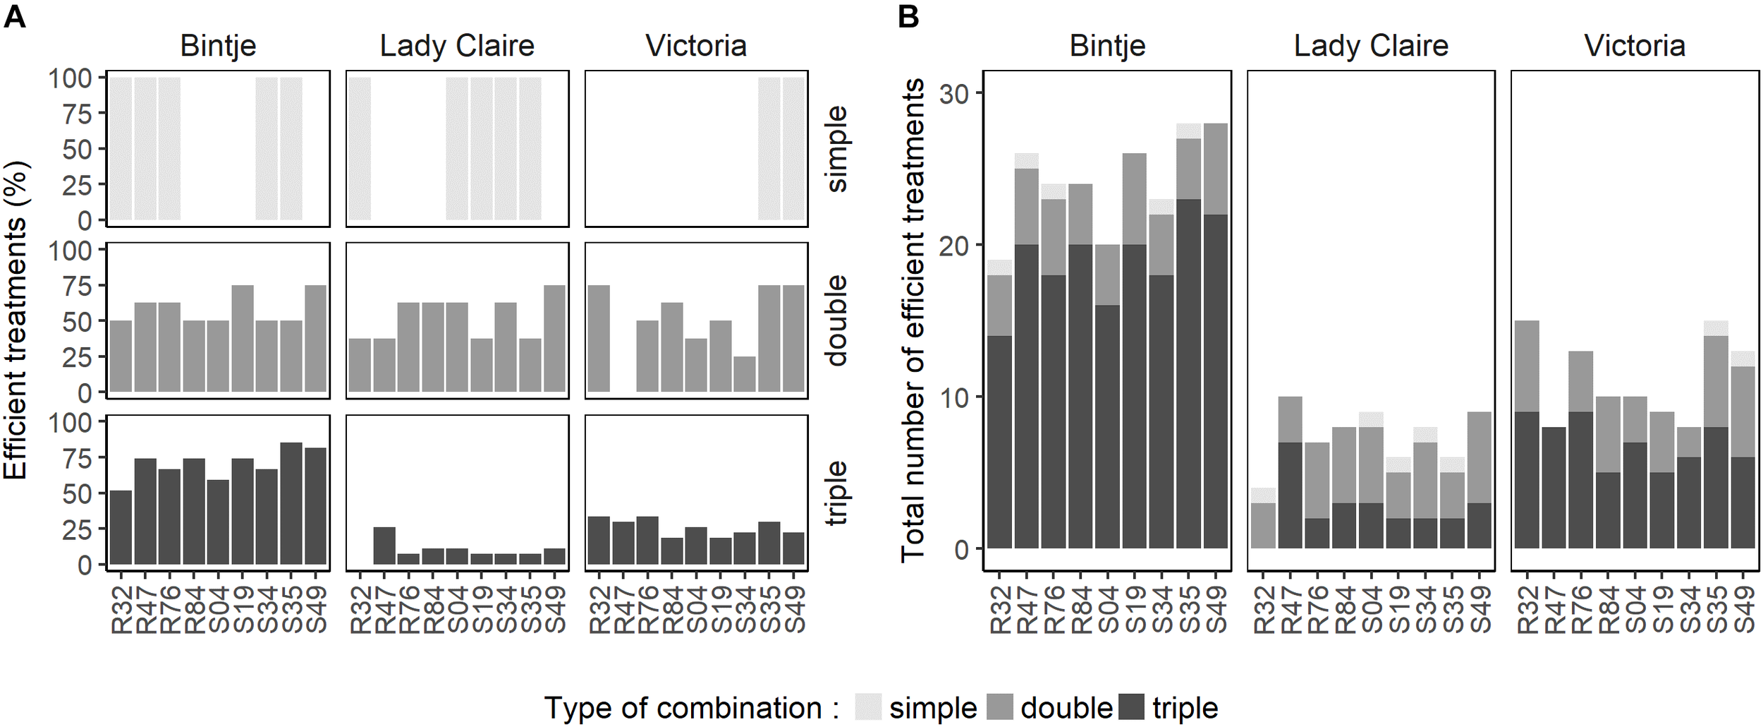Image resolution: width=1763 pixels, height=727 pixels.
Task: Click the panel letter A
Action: tap(15, 16)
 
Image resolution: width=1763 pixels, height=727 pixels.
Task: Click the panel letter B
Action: tap(909, 16)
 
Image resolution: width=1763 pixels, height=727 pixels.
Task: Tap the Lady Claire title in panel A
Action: tap(457, 46)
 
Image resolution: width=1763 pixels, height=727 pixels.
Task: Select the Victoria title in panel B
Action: tap(1635, 46)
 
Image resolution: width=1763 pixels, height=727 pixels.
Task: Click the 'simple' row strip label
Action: tap(836, 148)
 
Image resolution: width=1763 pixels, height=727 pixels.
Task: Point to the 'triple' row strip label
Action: tap(836, 493)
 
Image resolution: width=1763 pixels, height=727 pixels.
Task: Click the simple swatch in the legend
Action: tap(868, 707)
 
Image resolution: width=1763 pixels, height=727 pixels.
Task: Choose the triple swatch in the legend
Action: tap(1133, 707)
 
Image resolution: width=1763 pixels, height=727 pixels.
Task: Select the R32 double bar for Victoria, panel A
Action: tap(599, 339)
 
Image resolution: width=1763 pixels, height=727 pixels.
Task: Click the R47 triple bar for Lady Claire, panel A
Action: tap(384, 546)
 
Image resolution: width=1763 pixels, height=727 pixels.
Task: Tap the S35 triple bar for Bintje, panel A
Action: tap(291, 504)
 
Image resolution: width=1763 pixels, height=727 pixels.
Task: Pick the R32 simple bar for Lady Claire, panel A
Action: tap(360, 148)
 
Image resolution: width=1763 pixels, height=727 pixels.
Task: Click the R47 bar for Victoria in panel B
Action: tap(1554, 487)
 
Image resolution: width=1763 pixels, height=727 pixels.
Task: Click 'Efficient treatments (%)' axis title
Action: tap(16, 320)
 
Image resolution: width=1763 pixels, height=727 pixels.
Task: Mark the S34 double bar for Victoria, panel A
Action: tap(745, 374)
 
